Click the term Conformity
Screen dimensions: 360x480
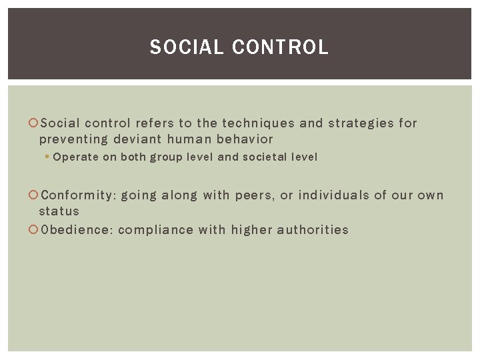coord(78,195)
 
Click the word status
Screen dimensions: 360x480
coord(59,211)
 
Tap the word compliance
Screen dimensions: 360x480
coord(152,230)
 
